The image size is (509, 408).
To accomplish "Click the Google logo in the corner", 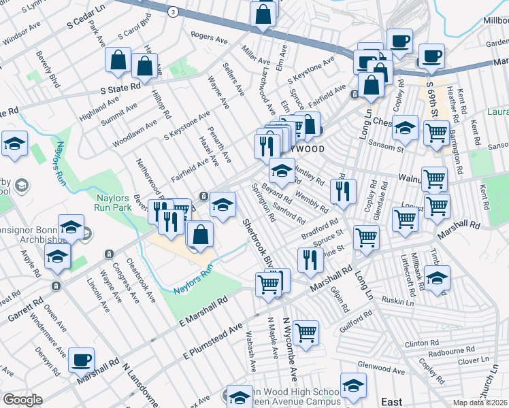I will [x=22, y=400].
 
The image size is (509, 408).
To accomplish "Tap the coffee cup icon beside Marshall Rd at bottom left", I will [x=82, y=360].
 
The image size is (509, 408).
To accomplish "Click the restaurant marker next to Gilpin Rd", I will [x=310, y=259].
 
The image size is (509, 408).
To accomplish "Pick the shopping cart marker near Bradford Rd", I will [x=366, y=239].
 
